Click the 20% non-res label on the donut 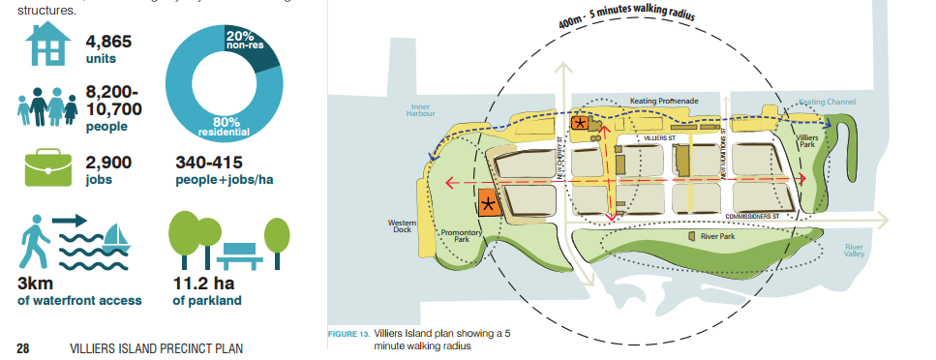click(x=249, y=40)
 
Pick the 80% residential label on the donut click(x=224, y=126)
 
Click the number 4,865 click(x=108, y=42)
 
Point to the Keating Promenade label click(x=667, y=100)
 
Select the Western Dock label click(x=402, y=225)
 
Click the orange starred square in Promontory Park click(x=489, y=203)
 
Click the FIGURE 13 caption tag click(x=349, y=335)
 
